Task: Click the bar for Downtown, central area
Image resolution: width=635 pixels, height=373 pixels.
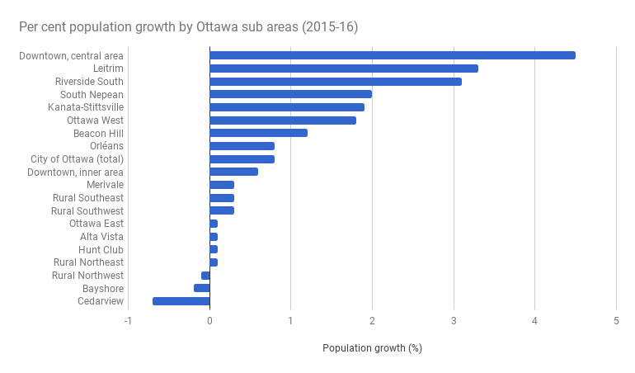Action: pos(393,55)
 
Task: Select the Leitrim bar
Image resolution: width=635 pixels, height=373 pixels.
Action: pos(344,68)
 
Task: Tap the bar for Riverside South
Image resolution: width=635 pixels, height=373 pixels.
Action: pos(336,82)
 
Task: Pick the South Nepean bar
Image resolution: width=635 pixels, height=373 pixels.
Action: pos(291,94)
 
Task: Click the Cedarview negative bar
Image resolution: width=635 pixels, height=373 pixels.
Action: pos(181,301)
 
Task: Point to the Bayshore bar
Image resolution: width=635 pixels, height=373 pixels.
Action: pos(202,288)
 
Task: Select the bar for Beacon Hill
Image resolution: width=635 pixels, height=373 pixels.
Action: pos(259,133)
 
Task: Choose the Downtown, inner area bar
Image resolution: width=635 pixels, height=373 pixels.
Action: pos(234,172)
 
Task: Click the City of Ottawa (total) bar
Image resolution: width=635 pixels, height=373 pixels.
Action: pos(242,158)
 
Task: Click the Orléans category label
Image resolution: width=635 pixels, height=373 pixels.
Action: pos(106,146)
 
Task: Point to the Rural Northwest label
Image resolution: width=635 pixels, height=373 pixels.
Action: pos(87,276)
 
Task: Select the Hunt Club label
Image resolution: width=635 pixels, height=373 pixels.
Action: pos(101,249)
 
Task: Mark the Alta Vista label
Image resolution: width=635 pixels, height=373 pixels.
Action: pos(101,237)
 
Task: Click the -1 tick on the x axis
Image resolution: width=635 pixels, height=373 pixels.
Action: pos(128,322)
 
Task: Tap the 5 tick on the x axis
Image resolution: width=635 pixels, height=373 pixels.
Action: pos(616,322)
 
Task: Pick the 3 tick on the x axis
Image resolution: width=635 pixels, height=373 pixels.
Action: pos(454,322)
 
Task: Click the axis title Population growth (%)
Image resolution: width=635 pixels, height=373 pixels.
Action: pos(372,348)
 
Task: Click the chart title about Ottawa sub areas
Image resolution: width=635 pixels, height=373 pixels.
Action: pos(189,27)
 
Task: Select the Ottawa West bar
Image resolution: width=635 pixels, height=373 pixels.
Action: pos(283,120)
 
